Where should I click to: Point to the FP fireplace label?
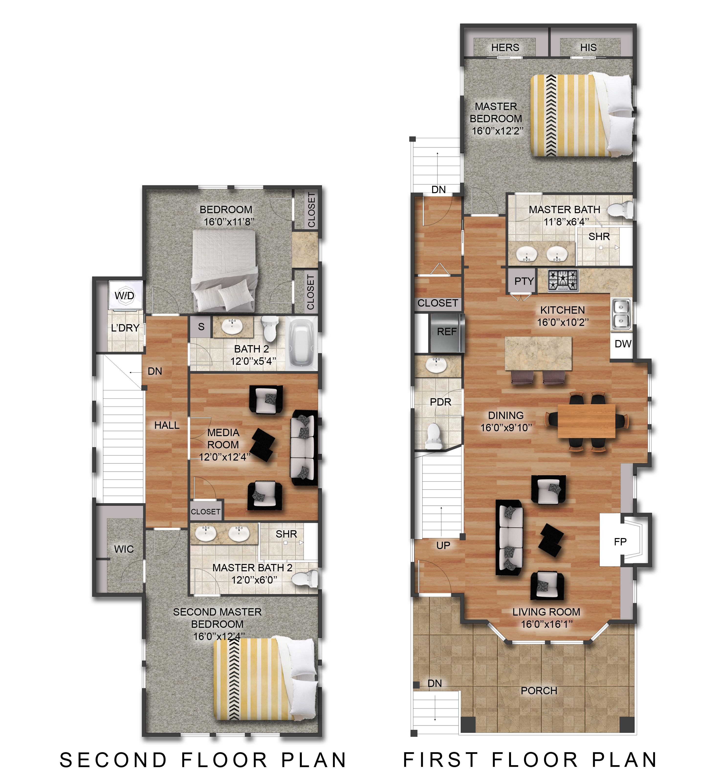[620, 542]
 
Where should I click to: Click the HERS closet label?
[505, 47]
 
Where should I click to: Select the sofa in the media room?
[304, 448]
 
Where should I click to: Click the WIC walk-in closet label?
[124, 549]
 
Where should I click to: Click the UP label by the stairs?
[443, 546]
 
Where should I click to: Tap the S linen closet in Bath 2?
[201, 327]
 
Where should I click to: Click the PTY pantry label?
[524, 281]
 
